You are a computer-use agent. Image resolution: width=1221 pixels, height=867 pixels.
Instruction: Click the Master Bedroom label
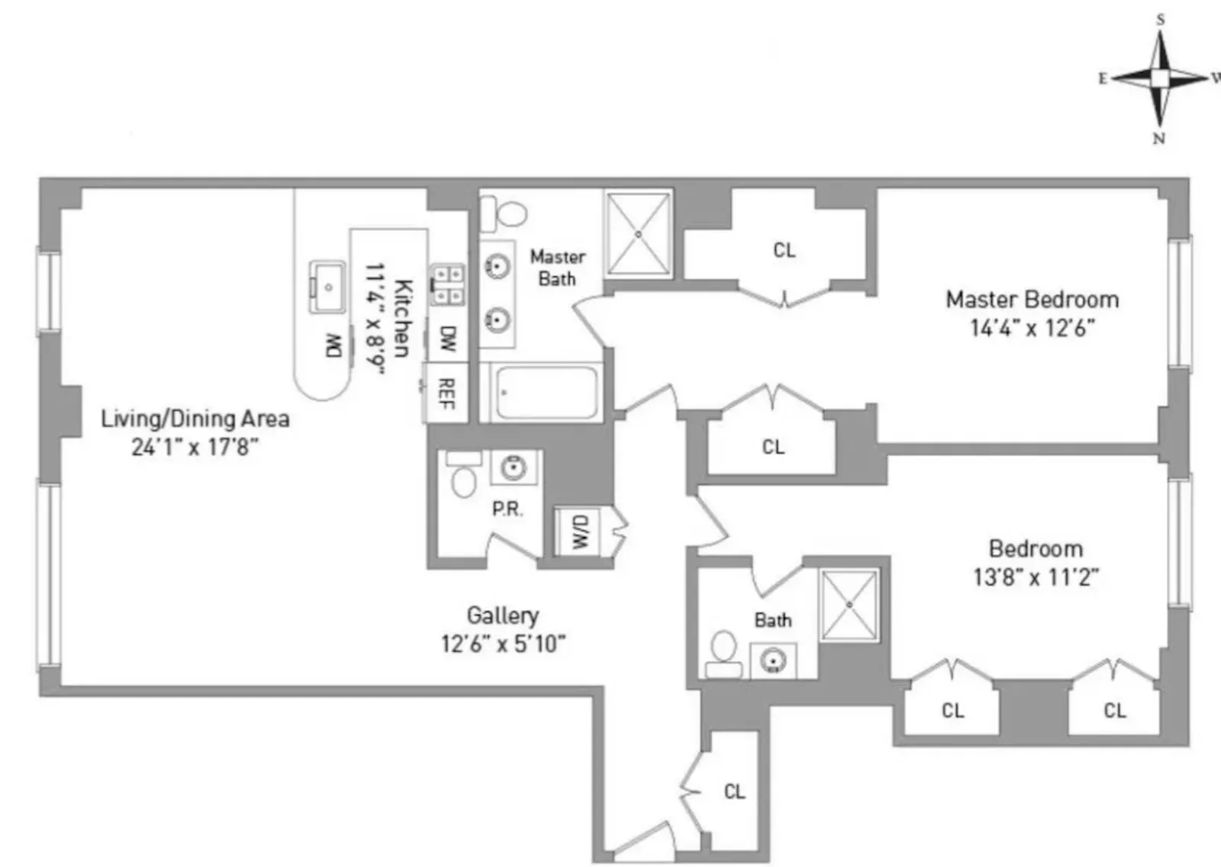click(x=1032, y=300)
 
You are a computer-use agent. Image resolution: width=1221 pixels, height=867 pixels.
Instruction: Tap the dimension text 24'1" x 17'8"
click(x=195, y=447)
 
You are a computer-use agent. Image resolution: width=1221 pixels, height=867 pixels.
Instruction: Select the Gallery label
click(x=502, y=615)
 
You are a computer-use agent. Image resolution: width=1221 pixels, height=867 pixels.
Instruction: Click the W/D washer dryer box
click(x=578, y=531)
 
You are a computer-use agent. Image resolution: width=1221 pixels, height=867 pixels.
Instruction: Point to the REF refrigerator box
click(x=446, y=393)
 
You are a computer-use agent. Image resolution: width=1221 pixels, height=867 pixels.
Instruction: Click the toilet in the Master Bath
click(x=504, y=214)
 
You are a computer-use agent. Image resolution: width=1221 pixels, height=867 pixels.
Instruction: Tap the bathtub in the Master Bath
click(x=546, y=393)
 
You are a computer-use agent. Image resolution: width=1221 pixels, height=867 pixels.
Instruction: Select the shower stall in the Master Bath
click(x=638, y=233)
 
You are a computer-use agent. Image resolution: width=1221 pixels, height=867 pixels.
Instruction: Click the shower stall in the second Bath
click(x=849, y=605)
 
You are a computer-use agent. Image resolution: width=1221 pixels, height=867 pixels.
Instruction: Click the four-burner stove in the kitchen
click(x=448, y=284)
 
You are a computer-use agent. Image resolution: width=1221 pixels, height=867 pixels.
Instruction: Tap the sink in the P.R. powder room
click(x=514, y=467)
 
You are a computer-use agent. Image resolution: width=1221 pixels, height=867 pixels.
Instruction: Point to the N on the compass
click(x=1158, y=139)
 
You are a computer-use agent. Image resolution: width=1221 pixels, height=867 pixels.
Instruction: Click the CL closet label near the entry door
click(x=734, y=792)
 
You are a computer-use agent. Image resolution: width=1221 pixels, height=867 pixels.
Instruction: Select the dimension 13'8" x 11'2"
click(x=1035, y=577)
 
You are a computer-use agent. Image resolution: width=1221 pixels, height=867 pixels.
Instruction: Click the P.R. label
click(x=507, y=509)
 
